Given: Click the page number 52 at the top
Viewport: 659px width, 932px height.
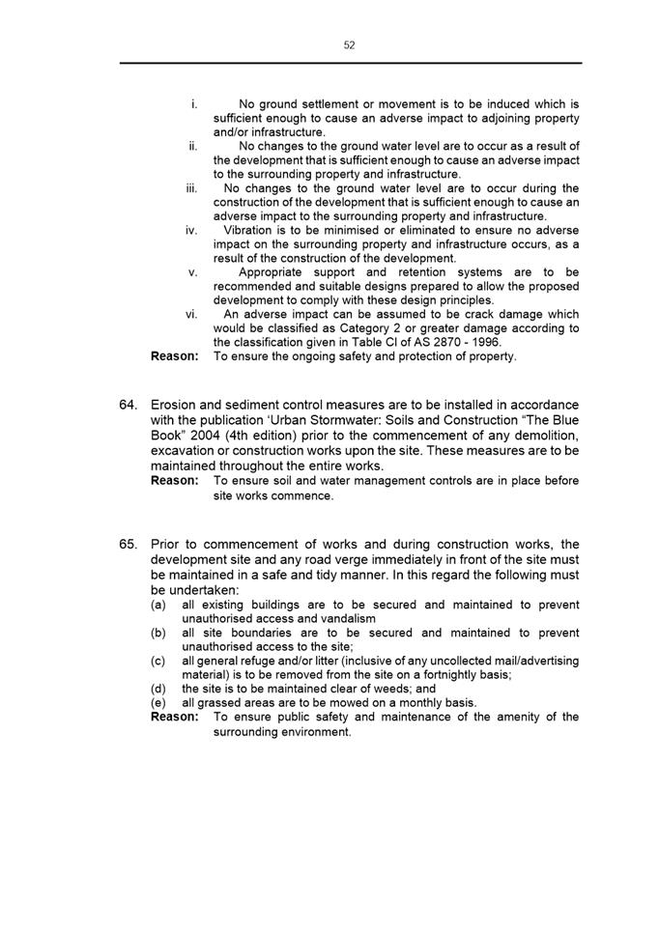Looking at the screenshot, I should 349,45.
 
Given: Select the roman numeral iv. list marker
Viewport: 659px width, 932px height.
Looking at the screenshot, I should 191,231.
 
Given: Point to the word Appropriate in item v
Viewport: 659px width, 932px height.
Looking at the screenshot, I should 275,272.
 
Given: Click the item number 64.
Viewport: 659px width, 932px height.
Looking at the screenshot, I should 129,404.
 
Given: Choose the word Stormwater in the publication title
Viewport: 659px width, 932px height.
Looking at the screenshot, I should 325,419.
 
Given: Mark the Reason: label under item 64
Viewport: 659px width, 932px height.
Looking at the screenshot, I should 175,480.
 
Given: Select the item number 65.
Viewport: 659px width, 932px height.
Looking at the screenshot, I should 129,544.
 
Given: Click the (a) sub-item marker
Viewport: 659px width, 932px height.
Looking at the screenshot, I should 158,605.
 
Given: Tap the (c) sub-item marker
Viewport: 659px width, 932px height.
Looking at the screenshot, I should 158,661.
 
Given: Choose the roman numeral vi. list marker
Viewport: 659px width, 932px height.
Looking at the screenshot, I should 191,314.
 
